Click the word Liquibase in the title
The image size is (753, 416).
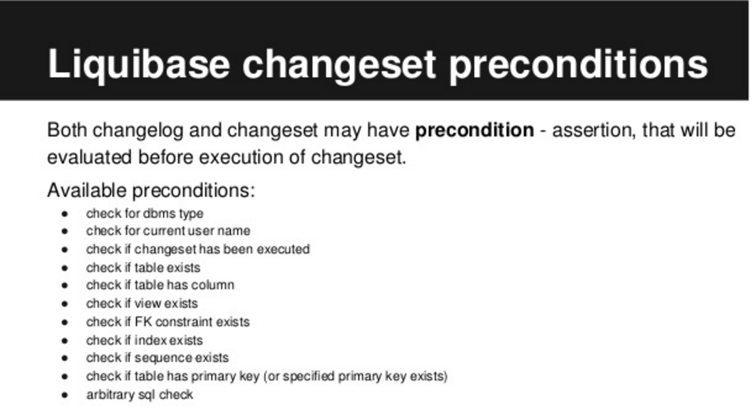(139, 64)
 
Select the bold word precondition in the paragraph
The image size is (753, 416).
(475, 130)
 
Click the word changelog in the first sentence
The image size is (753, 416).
(138, 130)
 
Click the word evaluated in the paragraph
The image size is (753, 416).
(89, 157)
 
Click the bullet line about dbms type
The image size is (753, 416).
(145, 214)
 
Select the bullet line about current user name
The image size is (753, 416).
(168, 231)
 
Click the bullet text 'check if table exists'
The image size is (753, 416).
(143, 268)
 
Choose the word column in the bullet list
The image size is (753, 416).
(212, 285)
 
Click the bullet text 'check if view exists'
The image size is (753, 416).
(142, 303)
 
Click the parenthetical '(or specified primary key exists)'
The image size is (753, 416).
(356, 377)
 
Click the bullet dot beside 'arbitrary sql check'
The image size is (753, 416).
(65, 395)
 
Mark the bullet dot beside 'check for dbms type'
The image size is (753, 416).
(65, 214)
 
